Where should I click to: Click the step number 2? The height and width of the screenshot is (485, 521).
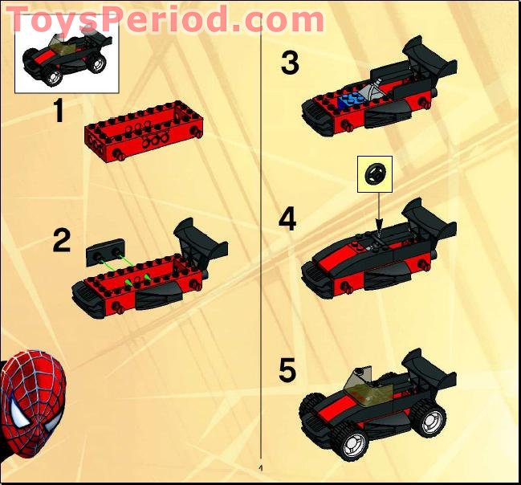click(61, 240)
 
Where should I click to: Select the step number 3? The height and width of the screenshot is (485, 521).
click(290, 62)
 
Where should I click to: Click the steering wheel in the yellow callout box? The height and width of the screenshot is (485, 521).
click(375, 174)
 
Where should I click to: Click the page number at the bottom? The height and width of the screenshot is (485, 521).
click(261, 467)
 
